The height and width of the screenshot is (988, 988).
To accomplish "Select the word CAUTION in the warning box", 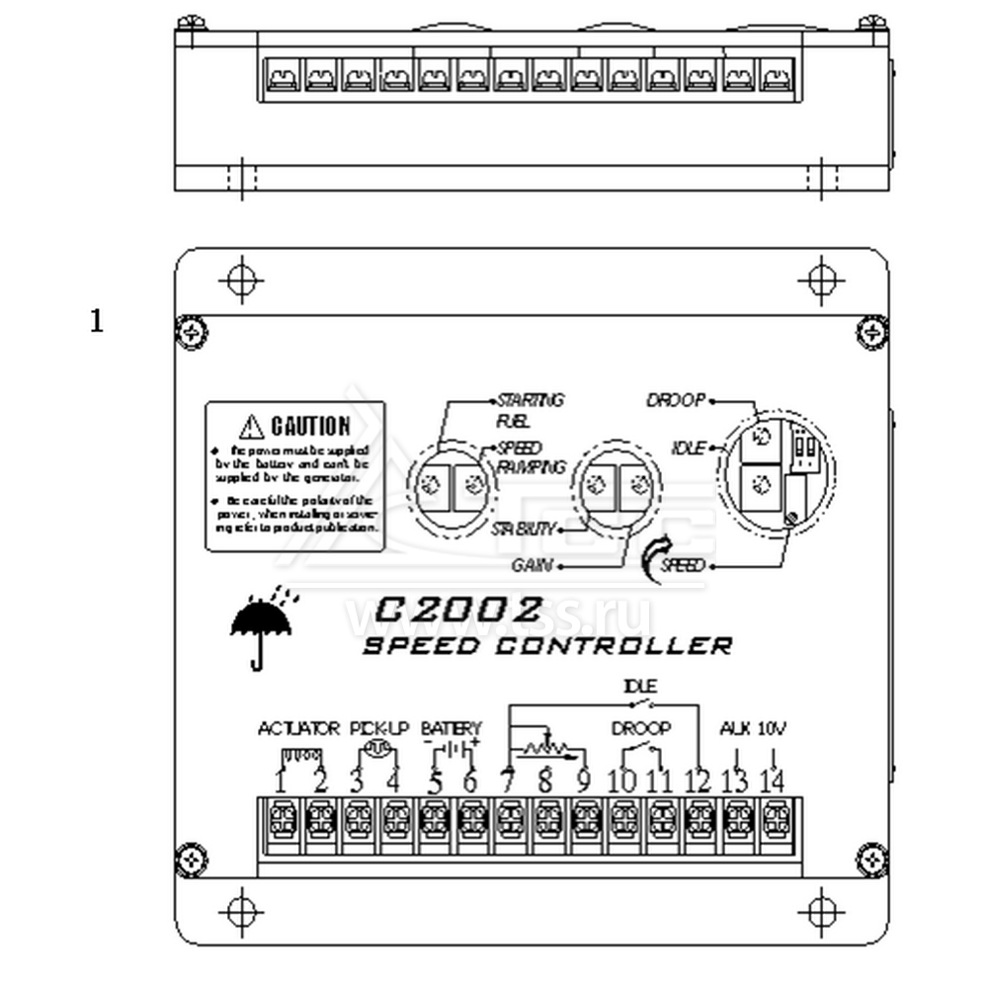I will pyautogui.click(x=309, y=427).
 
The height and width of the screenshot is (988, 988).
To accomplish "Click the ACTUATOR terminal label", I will pyautogui.click(x=298, y=729).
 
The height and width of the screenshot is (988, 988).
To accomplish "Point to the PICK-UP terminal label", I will pyautogui.click(x=378, y=729).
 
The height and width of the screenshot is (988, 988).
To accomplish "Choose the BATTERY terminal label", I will pyautogui.click(x=451, y=729).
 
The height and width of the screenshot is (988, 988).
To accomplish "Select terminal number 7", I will pyautogui.click(x=508, y=782).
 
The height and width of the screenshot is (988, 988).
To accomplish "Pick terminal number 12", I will pyautogui.click(x=698, y=782).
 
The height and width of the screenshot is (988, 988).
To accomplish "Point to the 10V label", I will pyautogui.click(x=772, y=729).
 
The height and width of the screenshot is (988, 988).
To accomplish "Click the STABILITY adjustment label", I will pyautogui.click(x=524, y=530).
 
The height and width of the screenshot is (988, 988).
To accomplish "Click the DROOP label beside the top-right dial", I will pyautogui.click(x=676, y=400).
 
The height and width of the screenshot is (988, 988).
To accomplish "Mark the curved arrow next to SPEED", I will pyautogui.click(x=653, y=558).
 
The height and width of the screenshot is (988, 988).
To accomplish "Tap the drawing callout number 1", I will pyautogui.click(x=96, y=321).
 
